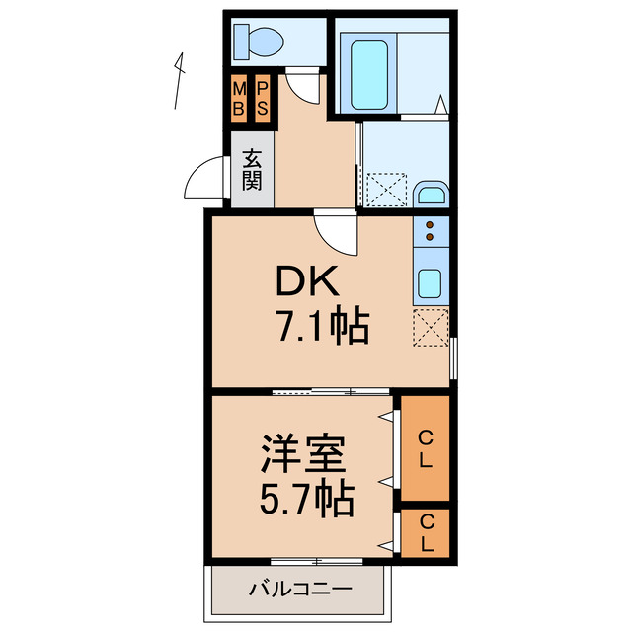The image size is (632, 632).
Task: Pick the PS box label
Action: tap(263, 99)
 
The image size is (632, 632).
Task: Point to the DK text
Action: tap(307, 284)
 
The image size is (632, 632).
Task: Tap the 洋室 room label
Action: tap(302, 457)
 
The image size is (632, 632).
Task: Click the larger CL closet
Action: tap(425, 447)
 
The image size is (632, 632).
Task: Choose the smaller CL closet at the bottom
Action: tap(426, 532)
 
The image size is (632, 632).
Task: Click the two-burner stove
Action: tap(433, 232)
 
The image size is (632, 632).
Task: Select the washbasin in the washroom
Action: tap(431, 192)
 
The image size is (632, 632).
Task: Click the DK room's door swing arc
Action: tap(334, 233)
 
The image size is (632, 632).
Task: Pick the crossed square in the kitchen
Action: tap(432, 327)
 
